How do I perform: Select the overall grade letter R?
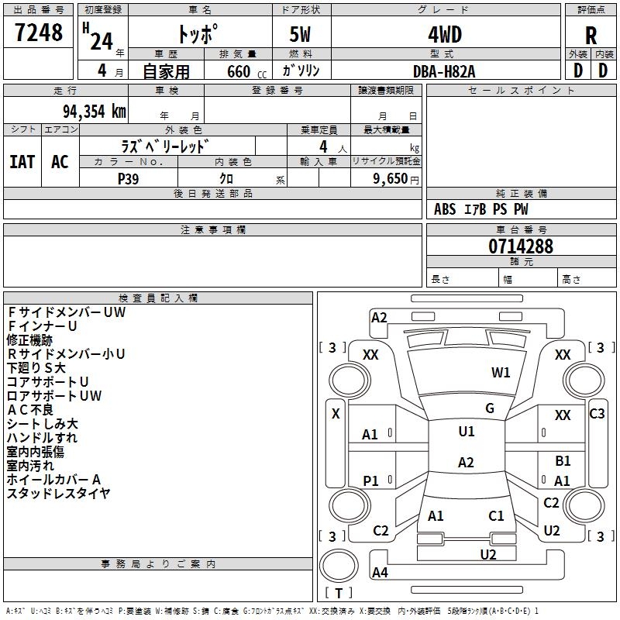(x=591, y=36)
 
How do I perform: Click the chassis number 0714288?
(x=521, y=246)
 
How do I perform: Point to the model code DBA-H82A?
(x=445, y=70)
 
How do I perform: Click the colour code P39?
(x=129, y=177)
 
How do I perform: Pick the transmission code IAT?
(x=22, y=162)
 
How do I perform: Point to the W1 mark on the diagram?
(x=501, y=372)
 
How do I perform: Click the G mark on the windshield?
(x=490, y=408)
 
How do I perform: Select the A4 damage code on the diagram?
(x=380, y=573)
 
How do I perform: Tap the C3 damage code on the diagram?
(x=597, y=414)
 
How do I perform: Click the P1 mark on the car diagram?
(x=371, y=481)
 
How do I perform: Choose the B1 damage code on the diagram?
(x=563, y=461)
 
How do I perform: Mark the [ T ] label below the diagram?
(x=339, y=593)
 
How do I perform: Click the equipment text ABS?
(x=445, y=209)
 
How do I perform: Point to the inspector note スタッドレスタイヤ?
(x=59, y=493)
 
